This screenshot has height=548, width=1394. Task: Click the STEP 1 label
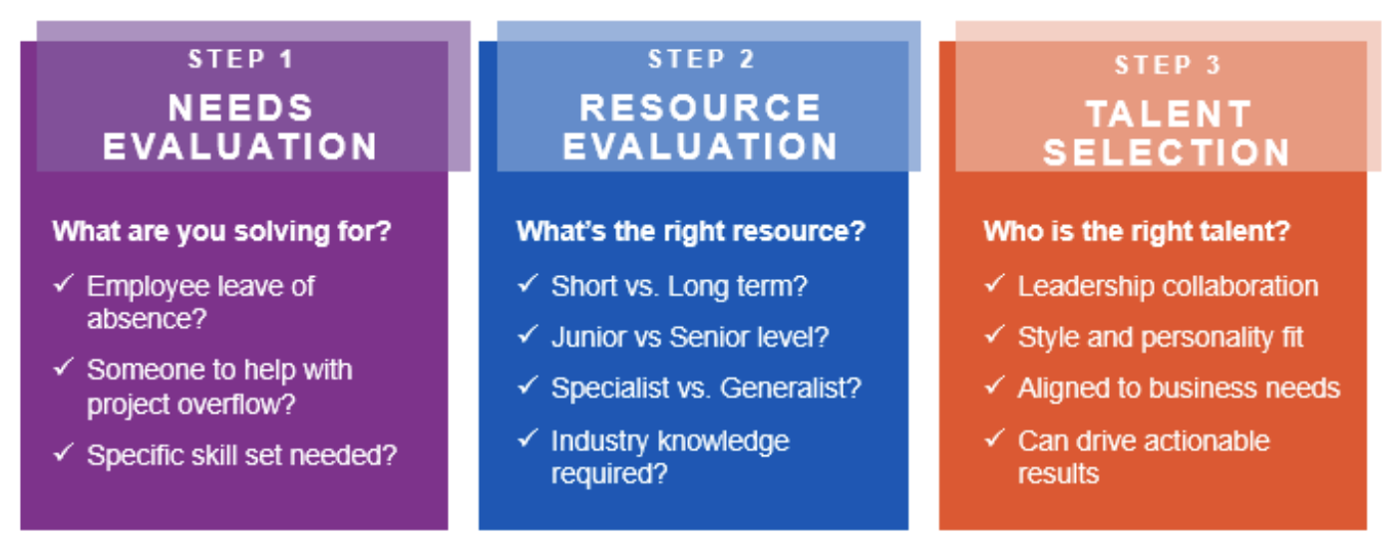[240, 59]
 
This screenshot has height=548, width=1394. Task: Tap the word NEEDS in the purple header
[241, 108]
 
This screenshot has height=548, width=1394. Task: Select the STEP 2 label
[701, 59]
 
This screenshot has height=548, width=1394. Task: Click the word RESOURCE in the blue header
[700, 108]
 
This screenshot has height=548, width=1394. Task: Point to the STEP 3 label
[1168, 65]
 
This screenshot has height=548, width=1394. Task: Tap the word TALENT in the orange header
[1169, 114]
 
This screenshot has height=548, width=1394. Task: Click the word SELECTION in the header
[1167, 152]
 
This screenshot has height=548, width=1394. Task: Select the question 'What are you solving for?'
[221, 232]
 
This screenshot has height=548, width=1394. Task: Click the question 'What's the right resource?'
[691, 231]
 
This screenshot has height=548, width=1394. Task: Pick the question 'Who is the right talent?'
[1137, 231]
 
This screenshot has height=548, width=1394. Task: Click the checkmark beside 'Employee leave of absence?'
[64, 284]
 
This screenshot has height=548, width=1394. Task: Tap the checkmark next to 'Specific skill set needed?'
[64, 452]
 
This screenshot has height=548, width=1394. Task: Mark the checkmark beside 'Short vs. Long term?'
[527, 284]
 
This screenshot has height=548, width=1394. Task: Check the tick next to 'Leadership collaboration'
[994, 284]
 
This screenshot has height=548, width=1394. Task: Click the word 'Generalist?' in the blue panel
[791, 389]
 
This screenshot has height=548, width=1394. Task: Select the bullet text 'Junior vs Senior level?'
[690, 338]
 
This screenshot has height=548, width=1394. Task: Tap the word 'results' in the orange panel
[1059, 474]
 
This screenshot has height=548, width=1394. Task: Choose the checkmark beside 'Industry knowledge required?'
[527, 438]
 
